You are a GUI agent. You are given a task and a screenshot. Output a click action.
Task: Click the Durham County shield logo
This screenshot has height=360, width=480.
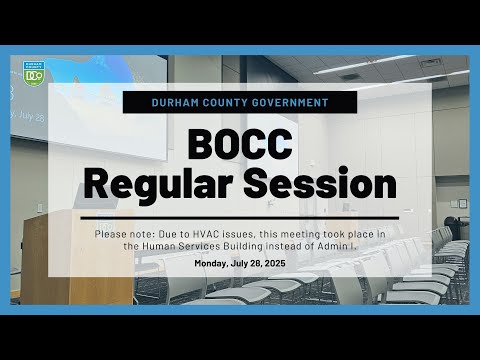[33, 73]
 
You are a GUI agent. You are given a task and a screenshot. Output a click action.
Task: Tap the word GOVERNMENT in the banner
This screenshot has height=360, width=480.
[290, 102]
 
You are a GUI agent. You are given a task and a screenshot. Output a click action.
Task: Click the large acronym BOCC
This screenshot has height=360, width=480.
[240, 145]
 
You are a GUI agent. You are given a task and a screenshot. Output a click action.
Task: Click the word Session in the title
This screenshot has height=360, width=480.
[320, 184]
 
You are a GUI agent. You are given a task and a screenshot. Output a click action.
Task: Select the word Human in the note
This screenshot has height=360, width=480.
[159, 246]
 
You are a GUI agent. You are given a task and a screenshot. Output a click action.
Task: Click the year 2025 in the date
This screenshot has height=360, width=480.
[275, 263]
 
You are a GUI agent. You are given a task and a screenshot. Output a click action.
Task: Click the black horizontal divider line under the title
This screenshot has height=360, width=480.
[240, 218]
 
